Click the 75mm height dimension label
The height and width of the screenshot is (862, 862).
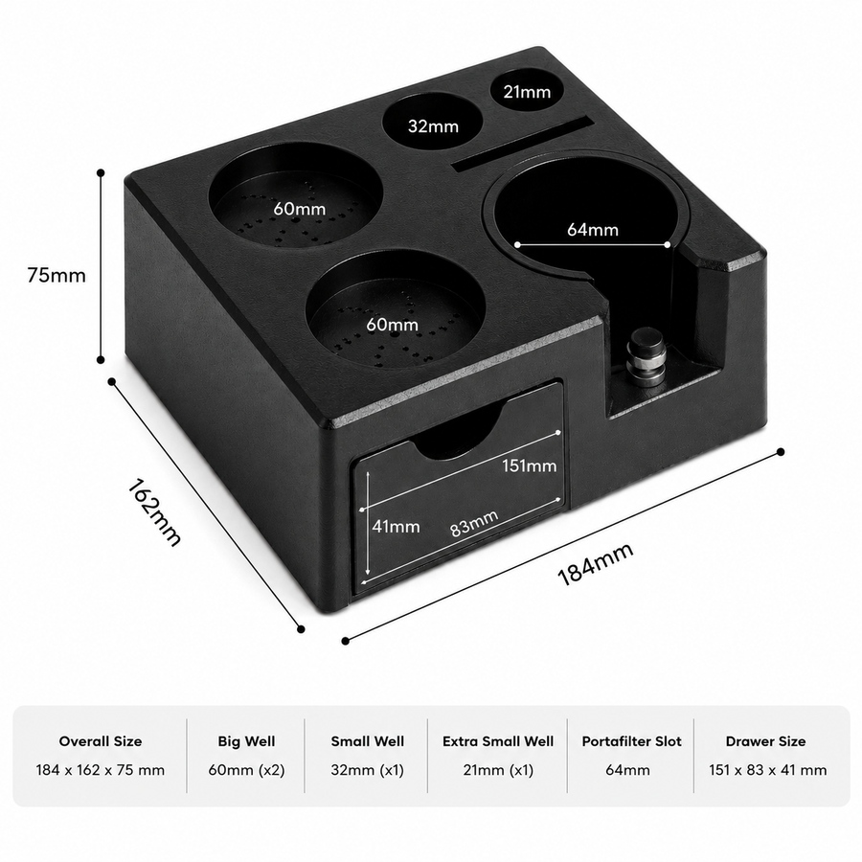57,275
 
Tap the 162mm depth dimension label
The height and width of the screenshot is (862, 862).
154,513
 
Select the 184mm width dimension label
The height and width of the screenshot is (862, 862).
596,564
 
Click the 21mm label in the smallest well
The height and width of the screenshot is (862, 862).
527,92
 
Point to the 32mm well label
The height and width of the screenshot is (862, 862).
433,126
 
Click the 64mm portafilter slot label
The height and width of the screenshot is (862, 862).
593,229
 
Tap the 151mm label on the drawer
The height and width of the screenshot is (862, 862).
530,465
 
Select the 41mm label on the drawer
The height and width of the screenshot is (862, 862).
396,527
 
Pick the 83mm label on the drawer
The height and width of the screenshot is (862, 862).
474,523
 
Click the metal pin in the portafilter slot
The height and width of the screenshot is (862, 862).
646,357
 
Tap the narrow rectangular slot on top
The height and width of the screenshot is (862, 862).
523,144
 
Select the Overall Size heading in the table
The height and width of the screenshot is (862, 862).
101,741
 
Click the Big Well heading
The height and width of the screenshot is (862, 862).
246,741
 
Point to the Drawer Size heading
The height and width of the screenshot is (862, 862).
766,741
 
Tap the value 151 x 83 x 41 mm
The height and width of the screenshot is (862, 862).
767,770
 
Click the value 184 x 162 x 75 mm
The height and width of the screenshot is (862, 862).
100,770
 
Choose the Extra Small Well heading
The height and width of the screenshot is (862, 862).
498,741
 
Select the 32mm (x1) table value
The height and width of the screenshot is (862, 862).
367,770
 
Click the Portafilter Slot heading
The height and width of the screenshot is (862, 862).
632,741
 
